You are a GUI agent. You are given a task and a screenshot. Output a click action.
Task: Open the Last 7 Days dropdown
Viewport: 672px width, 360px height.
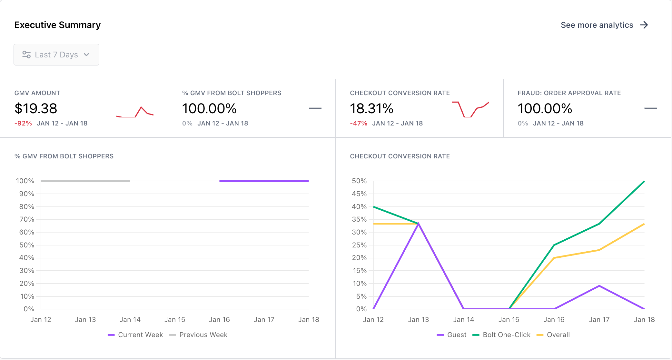56,55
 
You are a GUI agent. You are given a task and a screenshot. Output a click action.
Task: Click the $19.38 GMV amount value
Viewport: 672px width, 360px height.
36,108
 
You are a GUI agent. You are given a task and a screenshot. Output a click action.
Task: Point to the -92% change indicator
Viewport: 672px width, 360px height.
23,123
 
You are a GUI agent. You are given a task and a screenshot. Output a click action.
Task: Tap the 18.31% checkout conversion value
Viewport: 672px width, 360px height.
371,108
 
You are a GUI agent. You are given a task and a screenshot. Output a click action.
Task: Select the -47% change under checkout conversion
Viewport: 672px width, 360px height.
358,123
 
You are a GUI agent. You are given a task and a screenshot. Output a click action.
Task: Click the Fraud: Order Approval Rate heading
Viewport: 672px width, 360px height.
569,93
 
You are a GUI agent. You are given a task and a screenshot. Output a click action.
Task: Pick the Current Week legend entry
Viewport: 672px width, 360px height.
135,335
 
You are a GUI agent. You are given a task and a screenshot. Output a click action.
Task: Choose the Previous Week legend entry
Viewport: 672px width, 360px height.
198,335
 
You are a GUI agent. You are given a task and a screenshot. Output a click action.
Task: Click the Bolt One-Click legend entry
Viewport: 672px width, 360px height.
501,335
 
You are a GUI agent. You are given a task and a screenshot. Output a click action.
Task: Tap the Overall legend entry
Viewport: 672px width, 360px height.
553,335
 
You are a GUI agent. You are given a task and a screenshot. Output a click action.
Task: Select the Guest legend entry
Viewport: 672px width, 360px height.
452,335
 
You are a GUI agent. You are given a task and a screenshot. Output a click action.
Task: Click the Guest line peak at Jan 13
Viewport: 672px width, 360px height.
418,223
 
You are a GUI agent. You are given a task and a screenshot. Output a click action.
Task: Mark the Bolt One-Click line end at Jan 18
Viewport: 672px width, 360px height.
644,182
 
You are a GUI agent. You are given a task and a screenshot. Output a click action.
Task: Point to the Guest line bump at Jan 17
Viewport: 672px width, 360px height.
599,286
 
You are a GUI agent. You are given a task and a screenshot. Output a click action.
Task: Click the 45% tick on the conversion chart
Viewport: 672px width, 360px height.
359,194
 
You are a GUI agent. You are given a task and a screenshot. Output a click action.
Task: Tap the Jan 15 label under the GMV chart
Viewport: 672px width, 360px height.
174,320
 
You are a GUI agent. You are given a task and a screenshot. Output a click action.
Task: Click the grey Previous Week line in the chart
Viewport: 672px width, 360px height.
85,181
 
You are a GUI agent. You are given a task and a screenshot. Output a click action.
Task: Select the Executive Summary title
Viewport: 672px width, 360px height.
57,25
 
